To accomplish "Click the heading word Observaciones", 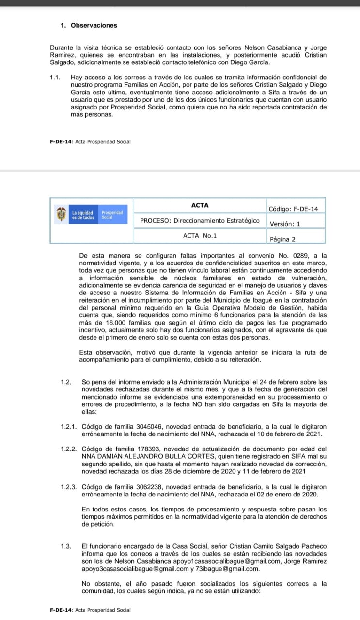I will coord(94,25).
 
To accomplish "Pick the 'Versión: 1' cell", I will coord(285,224).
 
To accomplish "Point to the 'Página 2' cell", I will coord(282,239).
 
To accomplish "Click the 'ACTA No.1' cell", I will coord(200,235).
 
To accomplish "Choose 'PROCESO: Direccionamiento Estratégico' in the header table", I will coord(200,220).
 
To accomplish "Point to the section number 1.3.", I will coord(66,546).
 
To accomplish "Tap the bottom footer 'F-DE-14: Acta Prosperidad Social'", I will coord(90,610).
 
